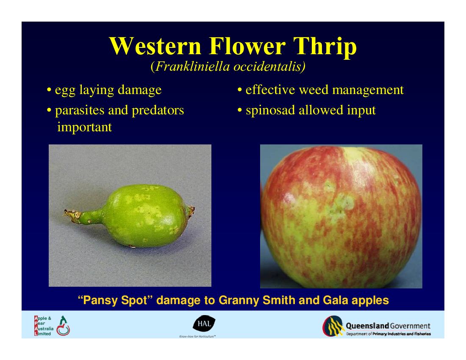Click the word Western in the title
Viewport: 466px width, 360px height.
[155, 46]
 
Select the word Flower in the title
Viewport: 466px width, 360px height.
[247, 46]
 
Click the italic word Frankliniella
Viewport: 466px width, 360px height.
[193, 66]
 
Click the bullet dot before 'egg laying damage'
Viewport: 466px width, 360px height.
[49, 90]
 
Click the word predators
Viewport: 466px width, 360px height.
[158, 110]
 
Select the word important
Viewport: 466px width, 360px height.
[84, 127]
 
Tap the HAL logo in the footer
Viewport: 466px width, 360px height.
[204, 324]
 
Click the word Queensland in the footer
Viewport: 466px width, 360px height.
[367, 326]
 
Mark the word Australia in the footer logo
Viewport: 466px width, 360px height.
[44, 329]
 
